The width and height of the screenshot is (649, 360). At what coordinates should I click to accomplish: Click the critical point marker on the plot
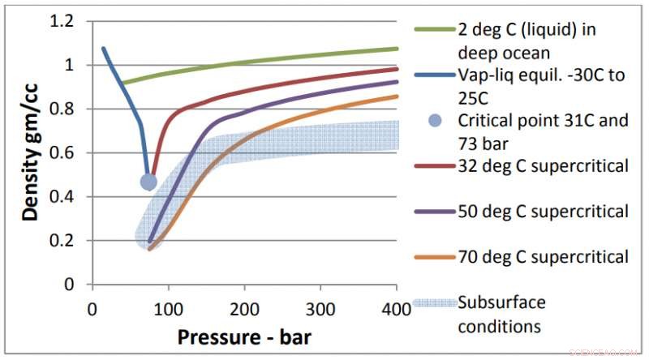pyautogui.click(x=148, y=182)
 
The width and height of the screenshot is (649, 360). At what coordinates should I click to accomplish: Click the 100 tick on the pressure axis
pyautogui.click(x=168, y=310)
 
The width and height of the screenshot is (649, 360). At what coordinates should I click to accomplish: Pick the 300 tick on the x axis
pyautogui.click(x=320, y=310)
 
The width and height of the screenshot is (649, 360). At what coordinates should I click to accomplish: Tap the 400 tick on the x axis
pyautogui.click(x=396, y=310)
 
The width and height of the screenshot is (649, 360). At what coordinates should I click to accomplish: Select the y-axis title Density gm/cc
pyautogui.click(x=31, y=154)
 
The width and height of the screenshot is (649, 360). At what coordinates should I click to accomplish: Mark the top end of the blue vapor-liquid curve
pyautogui.click(x=102, y=48)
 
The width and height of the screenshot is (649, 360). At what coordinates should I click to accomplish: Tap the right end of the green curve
pyautogui.click(x=397, y=49)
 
